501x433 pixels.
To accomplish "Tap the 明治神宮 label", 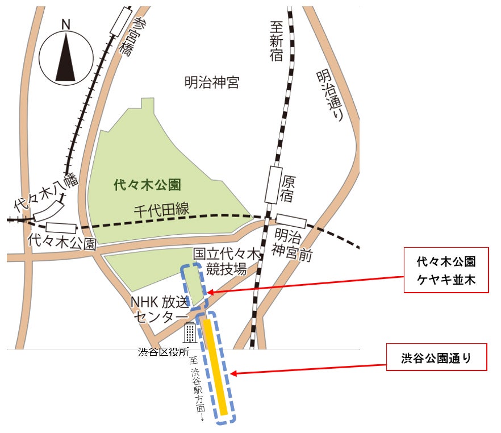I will (211, 83).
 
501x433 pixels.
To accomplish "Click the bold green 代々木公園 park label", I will (147, 184).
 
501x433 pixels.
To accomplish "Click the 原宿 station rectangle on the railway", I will (275, 185).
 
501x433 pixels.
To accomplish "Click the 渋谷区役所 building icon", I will (190, 332).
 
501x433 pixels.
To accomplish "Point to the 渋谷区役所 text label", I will (164, 352).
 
